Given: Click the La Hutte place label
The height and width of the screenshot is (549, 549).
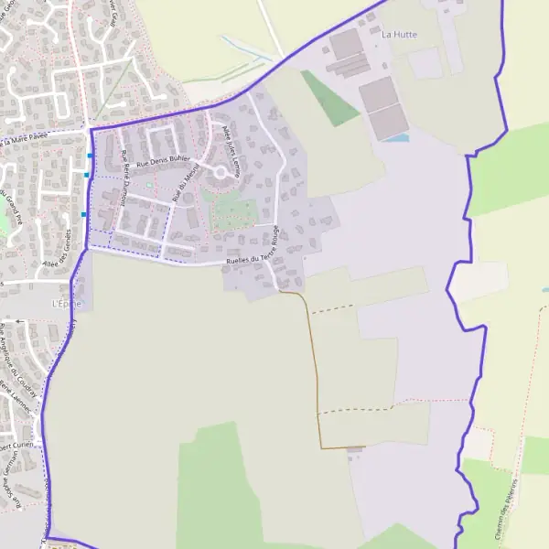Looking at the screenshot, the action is click(x=399, y=34).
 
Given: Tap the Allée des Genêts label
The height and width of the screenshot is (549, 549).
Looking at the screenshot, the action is click(x=56, y=257).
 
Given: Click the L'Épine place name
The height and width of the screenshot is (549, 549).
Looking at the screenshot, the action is click(x=67, y=303).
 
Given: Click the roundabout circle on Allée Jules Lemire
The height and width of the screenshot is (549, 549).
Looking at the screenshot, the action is click(x=221, y=171).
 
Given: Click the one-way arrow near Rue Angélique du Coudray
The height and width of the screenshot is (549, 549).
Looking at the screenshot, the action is click(x=18, y=322).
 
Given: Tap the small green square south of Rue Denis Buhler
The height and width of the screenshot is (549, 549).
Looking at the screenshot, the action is click(x=150, y=187).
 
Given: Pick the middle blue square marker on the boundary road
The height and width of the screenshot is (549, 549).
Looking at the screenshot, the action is click(x=87, y=175).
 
